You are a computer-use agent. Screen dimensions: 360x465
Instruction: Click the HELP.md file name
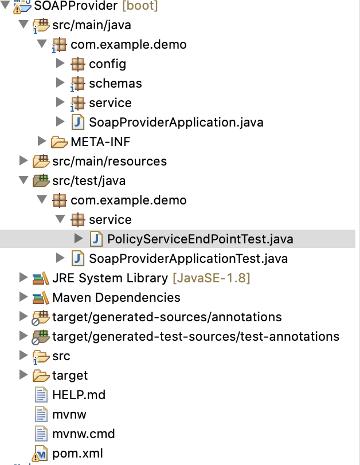[x=79, y=395]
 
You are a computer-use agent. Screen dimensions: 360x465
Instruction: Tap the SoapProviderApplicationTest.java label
[x=188, y=259]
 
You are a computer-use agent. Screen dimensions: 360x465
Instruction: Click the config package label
[x=107, y=64]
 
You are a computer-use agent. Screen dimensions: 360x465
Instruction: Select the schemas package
[x=115, y=83]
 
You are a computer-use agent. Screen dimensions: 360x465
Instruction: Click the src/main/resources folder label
[x=109, y=161]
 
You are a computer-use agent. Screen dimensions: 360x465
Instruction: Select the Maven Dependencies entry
[x=116, y=298]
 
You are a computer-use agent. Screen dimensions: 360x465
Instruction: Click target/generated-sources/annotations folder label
[x=167, y=317]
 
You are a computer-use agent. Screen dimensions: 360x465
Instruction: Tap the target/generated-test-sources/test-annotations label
[x=195, y=337]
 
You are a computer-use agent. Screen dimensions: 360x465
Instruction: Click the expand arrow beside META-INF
[x=41, y=141]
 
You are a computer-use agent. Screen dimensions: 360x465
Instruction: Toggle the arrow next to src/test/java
[x=23, y=180]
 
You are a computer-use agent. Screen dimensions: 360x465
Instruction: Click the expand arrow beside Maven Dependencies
[x=23, y=298]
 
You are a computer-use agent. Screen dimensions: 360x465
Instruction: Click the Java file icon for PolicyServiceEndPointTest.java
[x=96, y=239]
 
